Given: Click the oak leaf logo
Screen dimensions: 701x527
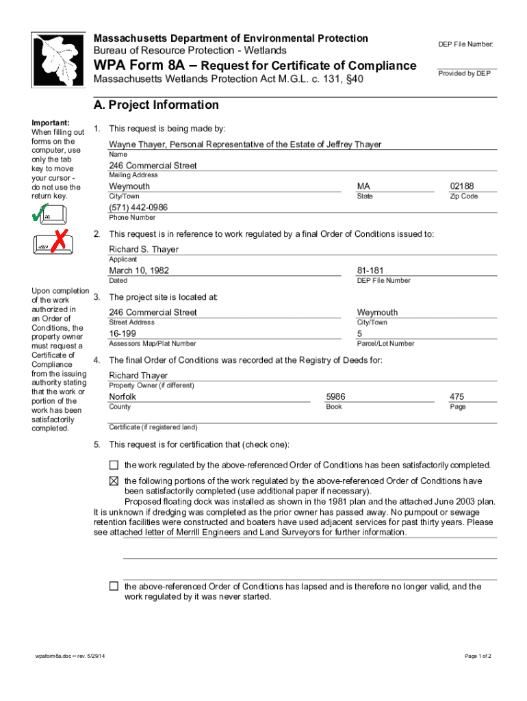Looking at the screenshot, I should point(58,60).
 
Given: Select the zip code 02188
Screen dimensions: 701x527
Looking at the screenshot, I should point(461,186).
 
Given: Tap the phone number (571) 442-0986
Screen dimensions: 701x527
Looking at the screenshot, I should point(138,207).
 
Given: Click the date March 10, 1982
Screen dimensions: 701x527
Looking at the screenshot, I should point(139,270).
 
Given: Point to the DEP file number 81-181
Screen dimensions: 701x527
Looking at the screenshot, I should point(369,270).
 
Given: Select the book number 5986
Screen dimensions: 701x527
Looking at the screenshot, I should point(335,396).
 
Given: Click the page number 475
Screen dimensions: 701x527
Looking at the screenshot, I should point(457,396).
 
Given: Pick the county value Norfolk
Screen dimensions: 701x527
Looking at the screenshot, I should point(123,396).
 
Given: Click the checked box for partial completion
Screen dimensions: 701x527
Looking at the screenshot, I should point(114,481).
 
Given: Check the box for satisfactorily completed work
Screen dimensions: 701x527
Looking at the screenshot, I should point(114,465).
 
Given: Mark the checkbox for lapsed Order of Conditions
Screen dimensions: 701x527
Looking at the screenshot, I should point(114,586).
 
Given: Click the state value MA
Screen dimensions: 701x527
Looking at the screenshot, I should point(363,186).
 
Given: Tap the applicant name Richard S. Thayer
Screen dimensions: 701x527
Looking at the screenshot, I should point(144,249).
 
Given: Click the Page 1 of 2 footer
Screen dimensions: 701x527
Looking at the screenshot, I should point(478,657).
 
